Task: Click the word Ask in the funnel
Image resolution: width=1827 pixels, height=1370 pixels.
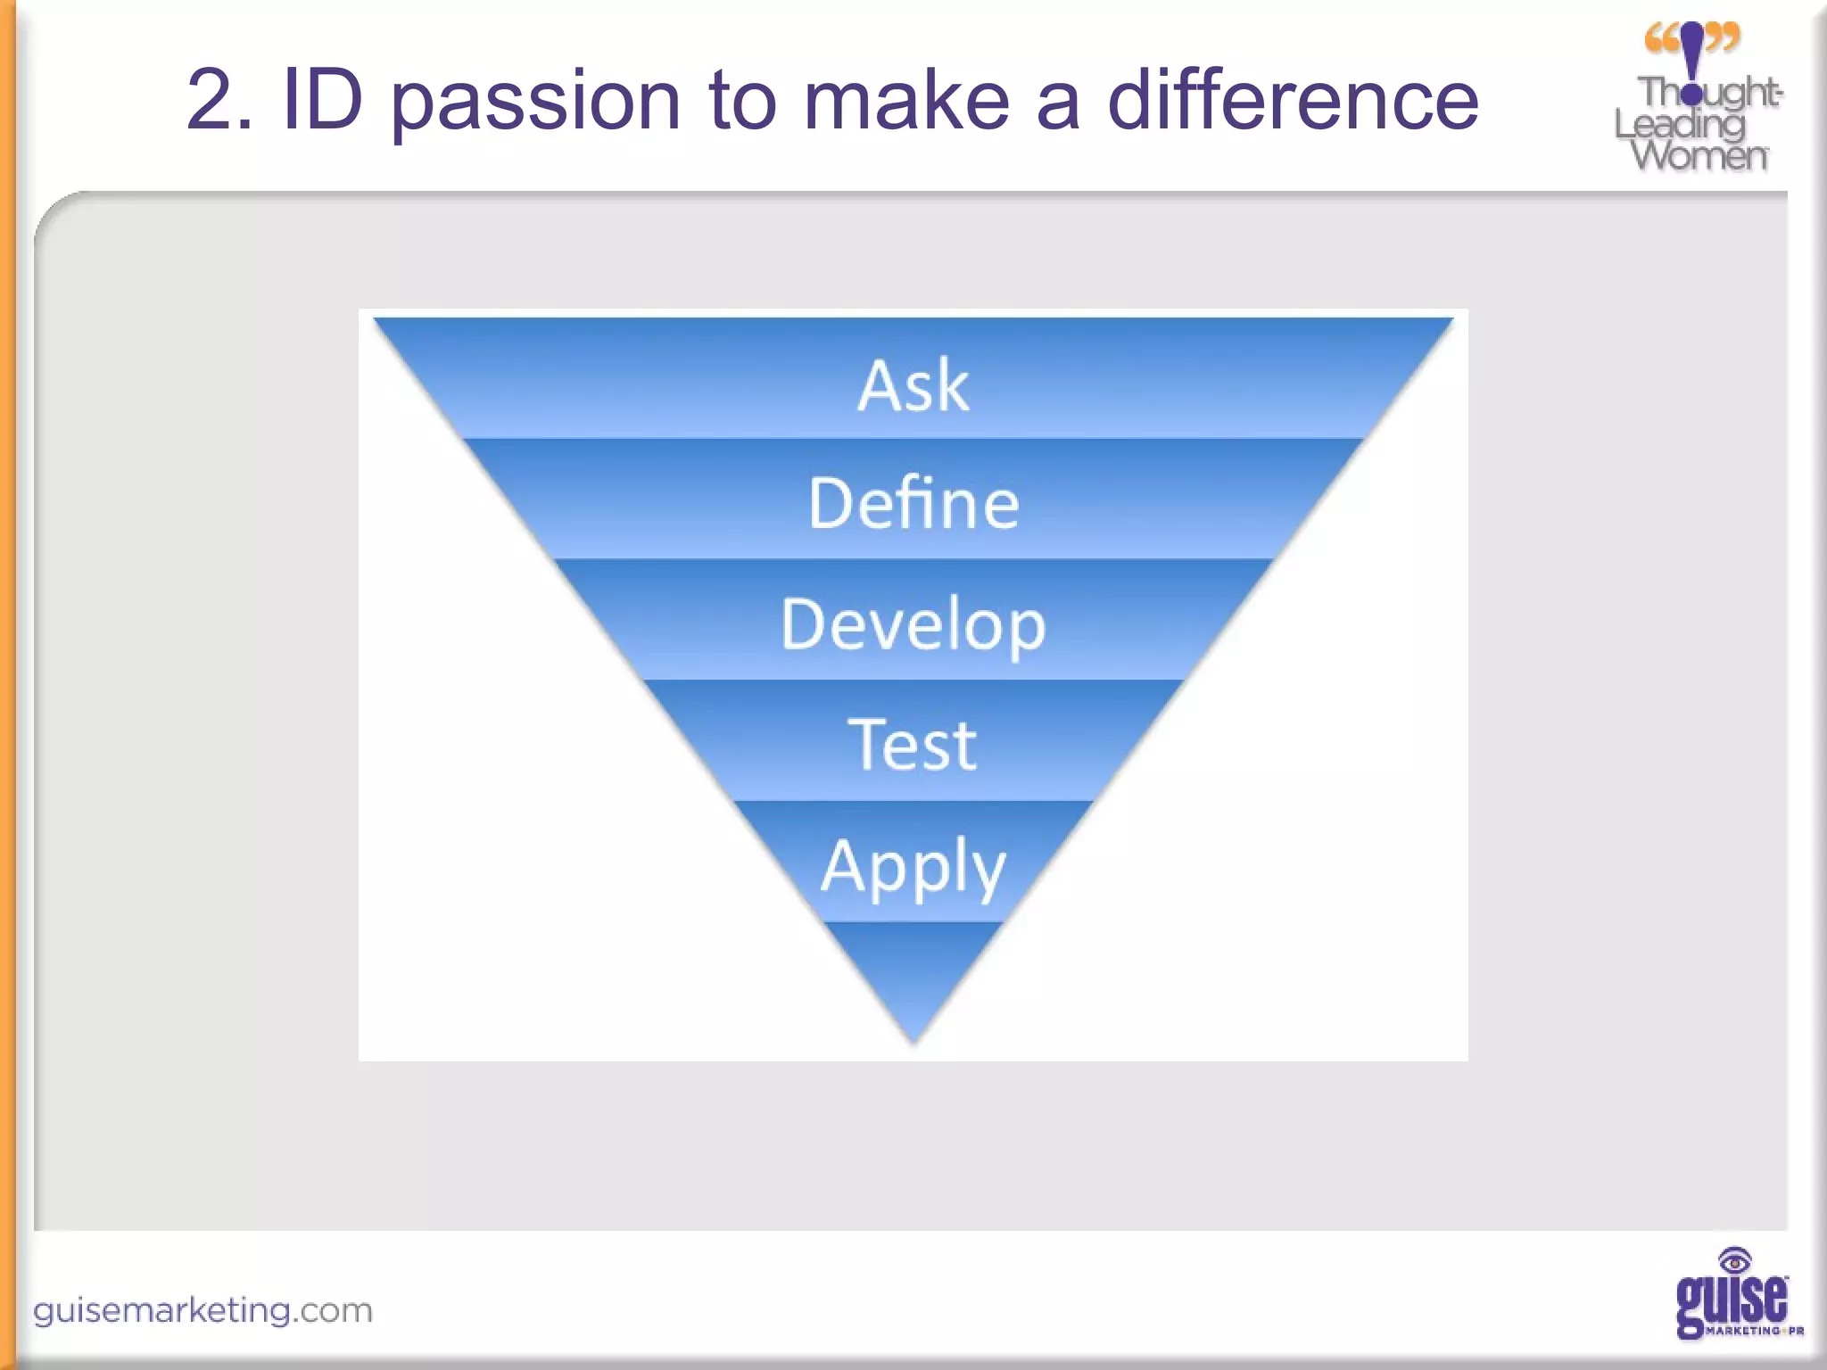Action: coord(913,386)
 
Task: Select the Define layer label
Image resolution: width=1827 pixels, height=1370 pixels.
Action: coord(913,504)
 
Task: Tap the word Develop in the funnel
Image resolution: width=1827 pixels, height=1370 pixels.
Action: coord(913,625)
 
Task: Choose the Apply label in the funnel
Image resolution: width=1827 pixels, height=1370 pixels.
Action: coord(913,866)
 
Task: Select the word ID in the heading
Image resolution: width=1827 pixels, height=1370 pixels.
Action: coord(323,101)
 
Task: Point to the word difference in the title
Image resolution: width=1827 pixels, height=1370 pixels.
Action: coord(1293,101)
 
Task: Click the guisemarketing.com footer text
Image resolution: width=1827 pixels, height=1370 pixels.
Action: coord(203,1310)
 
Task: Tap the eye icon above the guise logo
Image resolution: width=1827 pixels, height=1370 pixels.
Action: coord(1734,1261)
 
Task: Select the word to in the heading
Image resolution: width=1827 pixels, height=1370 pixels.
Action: coord(741,101)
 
